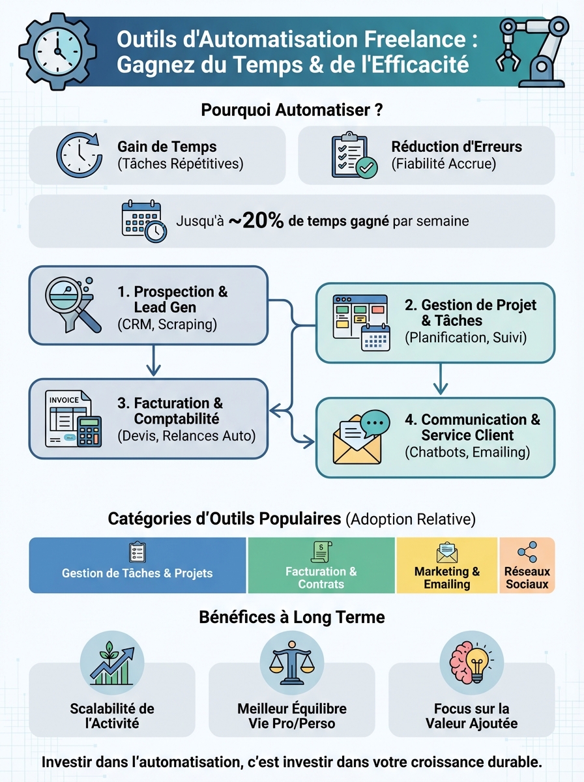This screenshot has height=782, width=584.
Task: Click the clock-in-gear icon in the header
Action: pos(57,51)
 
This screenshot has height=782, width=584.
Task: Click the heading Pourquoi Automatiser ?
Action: pos(291,109)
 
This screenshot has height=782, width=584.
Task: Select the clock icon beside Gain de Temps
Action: pos(79,155)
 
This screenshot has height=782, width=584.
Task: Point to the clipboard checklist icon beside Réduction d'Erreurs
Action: pos(353,155)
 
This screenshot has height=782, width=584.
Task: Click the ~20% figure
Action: pos(256,221)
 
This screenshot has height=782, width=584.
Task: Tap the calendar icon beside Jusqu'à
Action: pos(143,222)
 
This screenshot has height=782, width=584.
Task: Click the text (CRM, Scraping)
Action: pos(167,324)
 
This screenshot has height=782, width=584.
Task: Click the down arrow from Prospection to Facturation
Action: pos(153,360)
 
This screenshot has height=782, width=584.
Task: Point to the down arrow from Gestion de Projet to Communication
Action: pos(441,379)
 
